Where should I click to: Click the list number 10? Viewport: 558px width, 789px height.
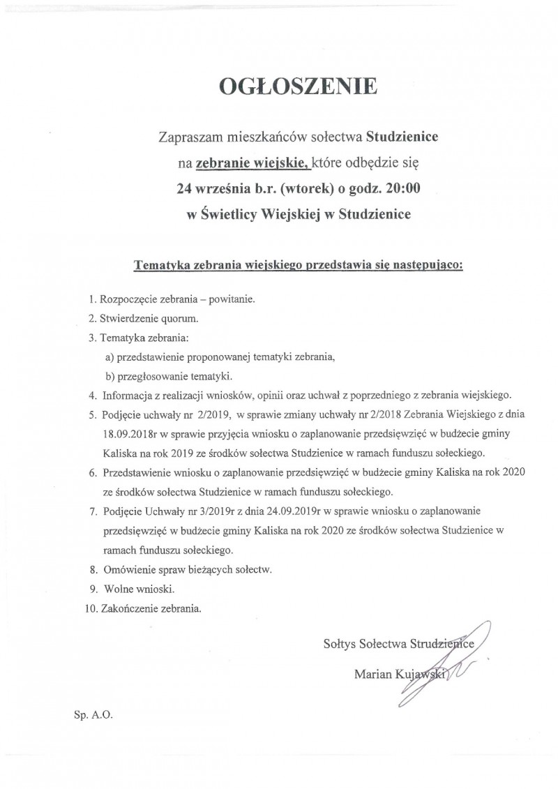click(x=90, y=608)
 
